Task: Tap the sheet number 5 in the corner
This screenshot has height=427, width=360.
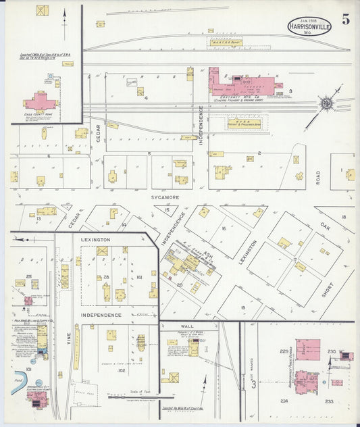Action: (x=346, y=19)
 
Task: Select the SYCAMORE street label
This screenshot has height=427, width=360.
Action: (x=164, y=197)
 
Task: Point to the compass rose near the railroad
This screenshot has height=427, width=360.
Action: (x=327, y=103)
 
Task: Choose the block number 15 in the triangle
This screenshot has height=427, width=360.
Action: (x=168, y=211)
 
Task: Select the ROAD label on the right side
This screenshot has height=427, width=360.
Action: (x=317, y=177)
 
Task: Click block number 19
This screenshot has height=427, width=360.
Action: (x=242, y=307)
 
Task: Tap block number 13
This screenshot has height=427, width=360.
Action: (x=39, y=219)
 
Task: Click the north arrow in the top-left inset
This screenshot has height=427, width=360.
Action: (x=64, y=15)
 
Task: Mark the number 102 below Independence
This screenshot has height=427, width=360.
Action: (x=122, y=371)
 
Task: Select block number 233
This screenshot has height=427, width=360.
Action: (x=329, y=401)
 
